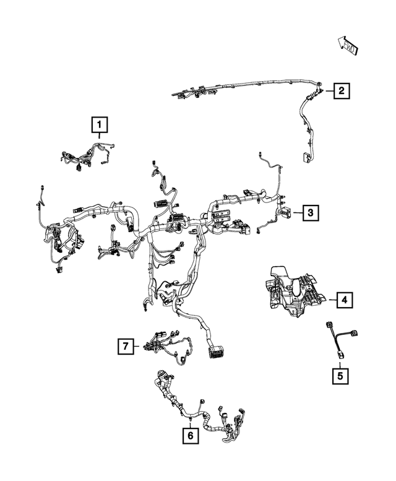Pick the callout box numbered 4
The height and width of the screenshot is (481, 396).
point(344,301)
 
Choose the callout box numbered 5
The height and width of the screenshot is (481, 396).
point(340,375)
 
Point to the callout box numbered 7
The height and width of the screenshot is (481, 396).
point(126,347)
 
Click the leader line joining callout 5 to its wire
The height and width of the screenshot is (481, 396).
point(340,363)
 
